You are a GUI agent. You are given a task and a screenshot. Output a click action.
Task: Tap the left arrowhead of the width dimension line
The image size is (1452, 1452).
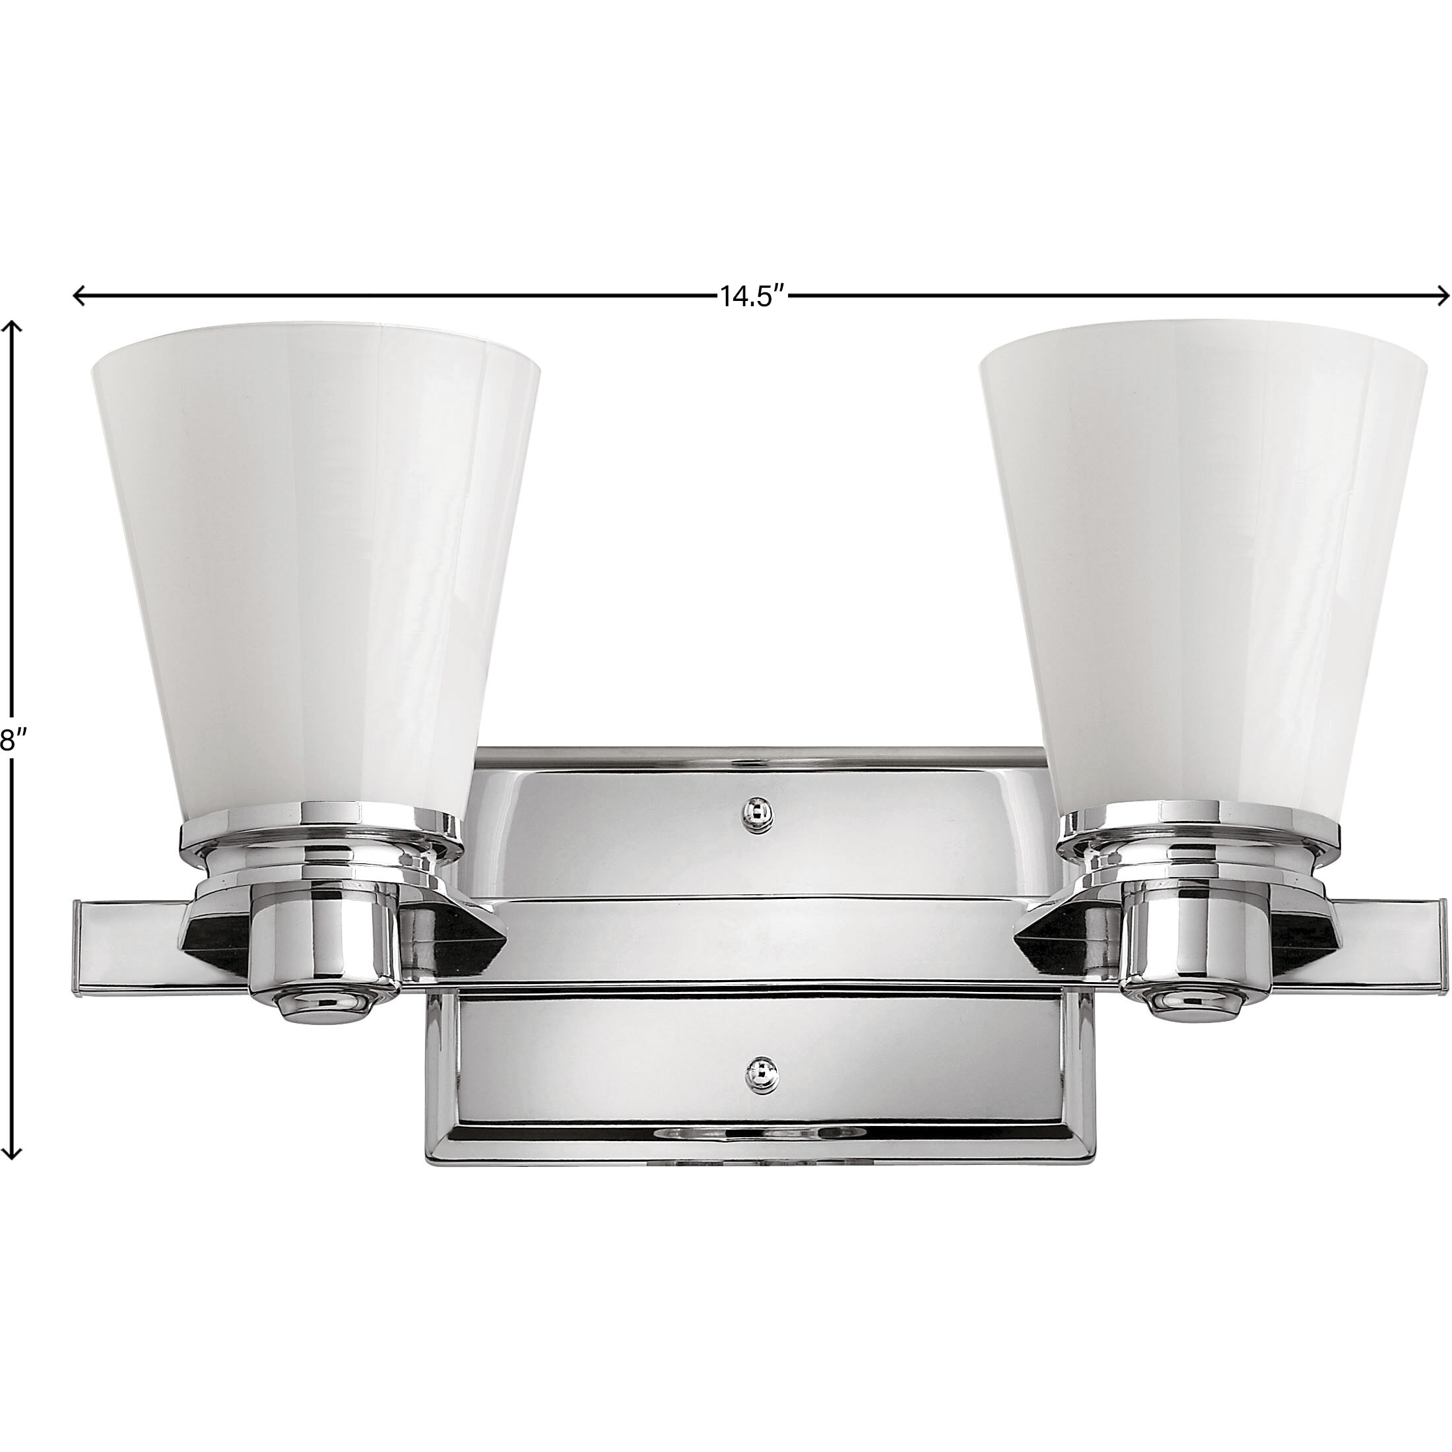(x=77, y=296)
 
